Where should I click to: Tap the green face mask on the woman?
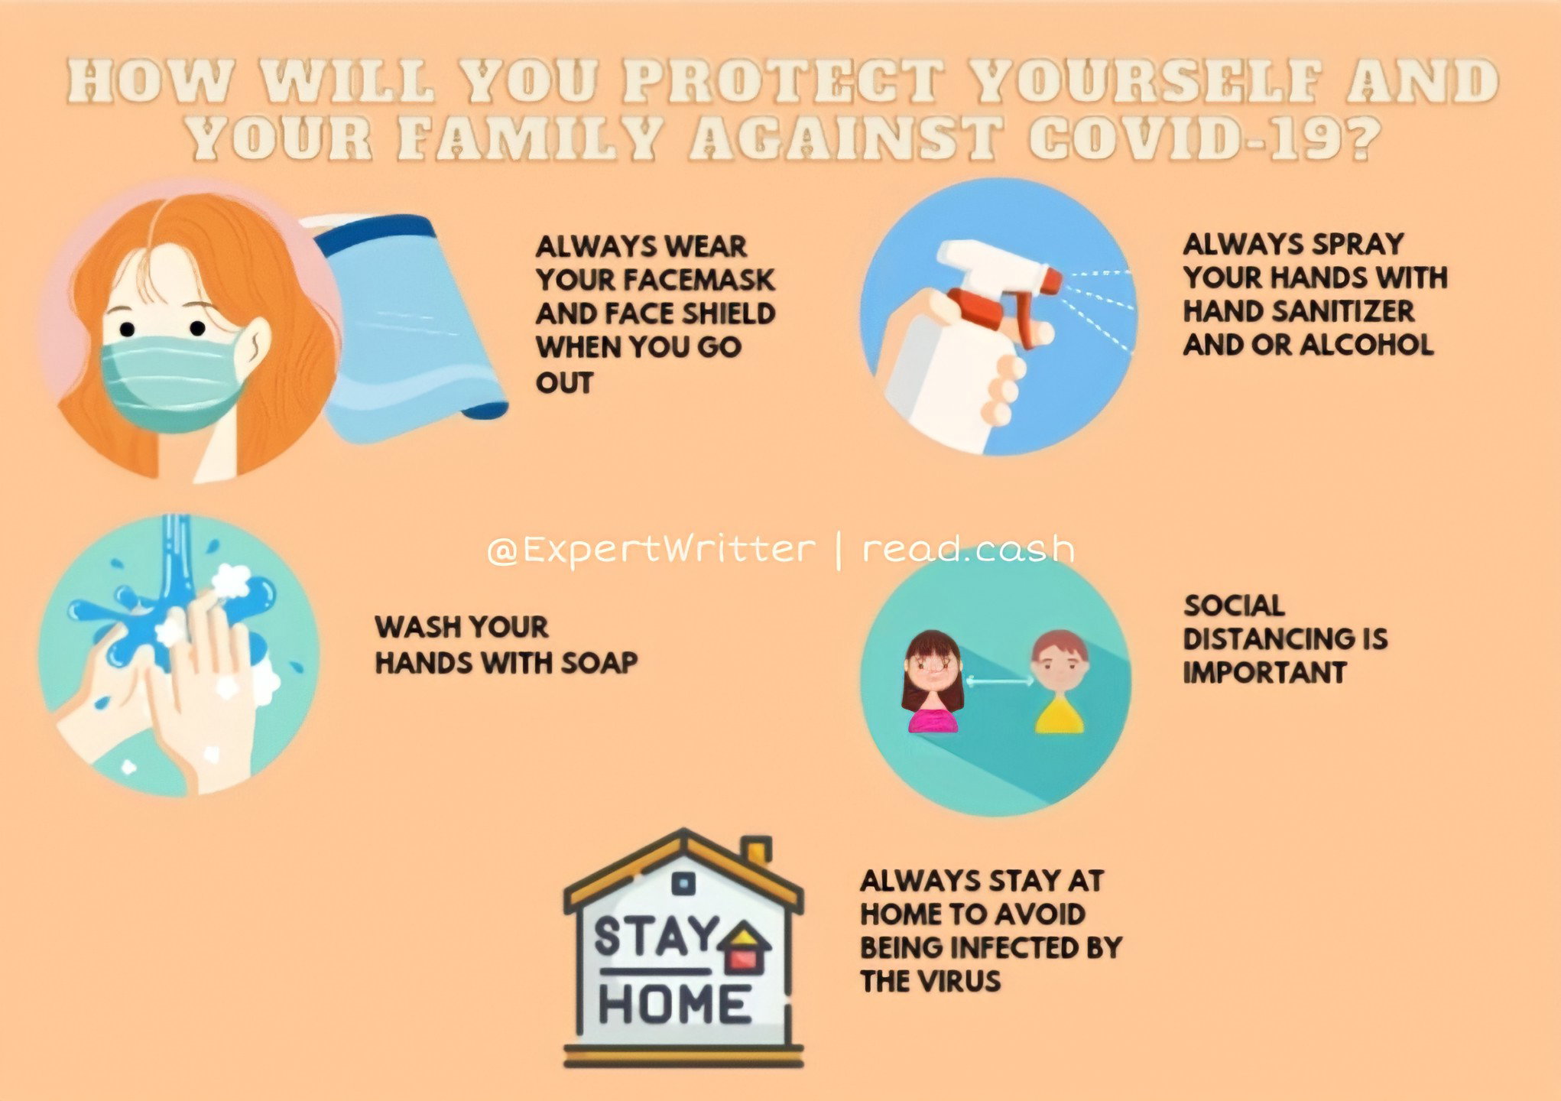coord(173,382)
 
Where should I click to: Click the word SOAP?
coord(599,662)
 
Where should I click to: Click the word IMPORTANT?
coord(1264,672)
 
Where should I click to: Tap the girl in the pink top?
coord(932,681)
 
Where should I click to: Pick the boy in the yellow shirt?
coord(1059,681)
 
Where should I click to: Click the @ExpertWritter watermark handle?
coord(651,549)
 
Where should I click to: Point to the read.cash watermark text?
coord(969,549)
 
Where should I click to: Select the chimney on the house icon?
coord(757,851)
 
